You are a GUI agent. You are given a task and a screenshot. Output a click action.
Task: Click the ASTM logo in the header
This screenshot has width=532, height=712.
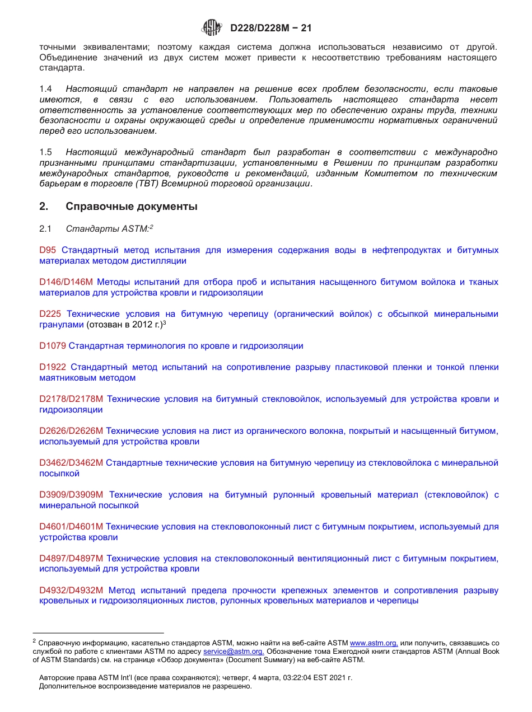pyautogui.click(x=212, y=27)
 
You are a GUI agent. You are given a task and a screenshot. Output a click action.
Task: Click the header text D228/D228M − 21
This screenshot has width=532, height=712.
pyautogui.click(x=270, y=28)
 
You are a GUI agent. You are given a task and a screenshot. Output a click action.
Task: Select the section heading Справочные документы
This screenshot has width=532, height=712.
pyautogui.click(x=132, y=207)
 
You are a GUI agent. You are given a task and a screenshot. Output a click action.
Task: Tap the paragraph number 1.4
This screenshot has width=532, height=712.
pyautogui.click(x=46, y=89)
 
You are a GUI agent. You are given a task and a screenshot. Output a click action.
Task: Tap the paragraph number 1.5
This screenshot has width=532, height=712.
pyautogui.click(x=46, y=152)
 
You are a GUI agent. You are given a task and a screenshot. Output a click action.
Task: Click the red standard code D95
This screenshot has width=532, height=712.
pyautogui.click(x=48, y=250)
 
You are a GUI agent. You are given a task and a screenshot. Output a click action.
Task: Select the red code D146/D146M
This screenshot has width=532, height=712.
pyautogui.click(x=66, y=282)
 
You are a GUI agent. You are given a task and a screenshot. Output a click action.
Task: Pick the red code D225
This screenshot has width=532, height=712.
pyautogui.click(x=50, y=314)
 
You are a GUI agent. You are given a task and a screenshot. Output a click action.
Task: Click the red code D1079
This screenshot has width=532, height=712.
pyautogui.click(x=53, y=346)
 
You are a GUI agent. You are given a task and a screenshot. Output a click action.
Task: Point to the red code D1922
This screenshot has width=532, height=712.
pyautogui.click(x=53, y=367)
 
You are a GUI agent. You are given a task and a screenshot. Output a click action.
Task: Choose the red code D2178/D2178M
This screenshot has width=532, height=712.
pyautogui.click(x=71, y=399)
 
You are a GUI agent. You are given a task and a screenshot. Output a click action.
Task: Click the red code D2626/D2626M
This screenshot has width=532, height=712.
pyautogui.click(x=71, y=431)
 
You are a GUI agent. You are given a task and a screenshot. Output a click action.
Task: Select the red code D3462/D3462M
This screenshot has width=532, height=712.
pyautogui.click(x=71, y=463)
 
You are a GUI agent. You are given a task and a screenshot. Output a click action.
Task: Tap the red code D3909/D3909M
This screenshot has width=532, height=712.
pyautogui.click(x=71, y=495)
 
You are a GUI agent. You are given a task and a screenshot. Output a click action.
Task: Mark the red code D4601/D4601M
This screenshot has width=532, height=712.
pyautogui.click(x=71, y=527)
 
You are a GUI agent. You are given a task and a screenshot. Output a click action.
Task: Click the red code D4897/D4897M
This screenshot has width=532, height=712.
pyautogui.click(x=71, y=558)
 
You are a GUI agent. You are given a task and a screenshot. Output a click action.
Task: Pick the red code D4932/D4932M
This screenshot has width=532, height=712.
pyautogui.click(x=71, y=591)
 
